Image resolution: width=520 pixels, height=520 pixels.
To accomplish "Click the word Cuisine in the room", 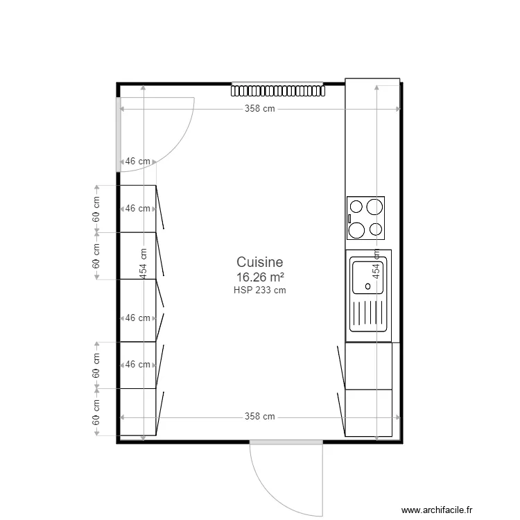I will (x=260, y=262).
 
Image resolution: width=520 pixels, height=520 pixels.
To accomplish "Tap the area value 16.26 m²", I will (x=260, y=277).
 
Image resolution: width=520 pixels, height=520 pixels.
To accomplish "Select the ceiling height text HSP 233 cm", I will (x=260, y=291).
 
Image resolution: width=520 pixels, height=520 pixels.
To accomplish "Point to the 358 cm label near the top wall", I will (x=259, y=109).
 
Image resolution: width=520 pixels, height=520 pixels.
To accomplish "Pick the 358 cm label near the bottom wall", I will (x=259, y=417).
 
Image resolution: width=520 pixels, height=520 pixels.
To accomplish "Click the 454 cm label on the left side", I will (x=144, y=264).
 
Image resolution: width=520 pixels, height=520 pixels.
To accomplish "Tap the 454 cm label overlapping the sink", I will (x=376, y=264).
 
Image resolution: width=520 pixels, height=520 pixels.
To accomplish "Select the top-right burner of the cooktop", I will (x=375, y=207).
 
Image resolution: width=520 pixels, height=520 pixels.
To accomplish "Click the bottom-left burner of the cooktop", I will (x=357, y=229).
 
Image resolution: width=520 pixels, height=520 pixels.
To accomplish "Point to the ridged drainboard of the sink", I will (x=369, y=317).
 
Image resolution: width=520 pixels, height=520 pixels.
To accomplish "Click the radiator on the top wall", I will (x=277, y=90).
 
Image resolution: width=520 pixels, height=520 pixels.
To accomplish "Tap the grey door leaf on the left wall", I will (x=119, y=135).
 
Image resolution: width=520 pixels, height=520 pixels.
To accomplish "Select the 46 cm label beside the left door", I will (x=137, y=162).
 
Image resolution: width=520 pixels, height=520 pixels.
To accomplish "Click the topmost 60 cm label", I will (x=96, y=209).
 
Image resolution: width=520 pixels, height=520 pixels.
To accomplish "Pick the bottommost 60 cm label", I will (x=96, y=413).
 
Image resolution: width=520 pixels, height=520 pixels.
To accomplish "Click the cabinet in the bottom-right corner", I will (x=369, y=413).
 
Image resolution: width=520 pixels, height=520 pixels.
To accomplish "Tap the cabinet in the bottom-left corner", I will (x=138, y=413).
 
